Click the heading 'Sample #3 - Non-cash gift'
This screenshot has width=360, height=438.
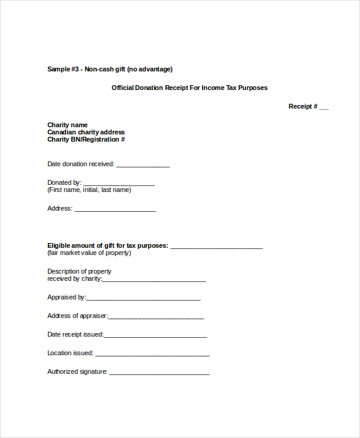point(110,69)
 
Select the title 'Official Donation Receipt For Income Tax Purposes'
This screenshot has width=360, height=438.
point(190,88)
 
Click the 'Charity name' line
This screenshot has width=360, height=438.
point(67,125)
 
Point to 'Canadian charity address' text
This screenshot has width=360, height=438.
point(86,133)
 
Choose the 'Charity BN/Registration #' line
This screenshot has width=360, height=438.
point(86,140)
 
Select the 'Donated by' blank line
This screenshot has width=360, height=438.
point(119,184)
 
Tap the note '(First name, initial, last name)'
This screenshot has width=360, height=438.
point(89,190)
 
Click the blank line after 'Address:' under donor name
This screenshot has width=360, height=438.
point(115,210)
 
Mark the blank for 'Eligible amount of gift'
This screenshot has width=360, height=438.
point(217,247)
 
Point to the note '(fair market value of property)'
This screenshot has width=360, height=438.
point(89,253)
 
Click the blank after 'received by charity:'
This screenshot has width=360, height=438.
point(154,280)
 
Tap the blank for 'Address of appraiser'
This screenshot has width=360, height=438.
point(155,317)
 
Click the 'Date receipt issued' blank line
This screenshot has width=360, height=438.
point(155,336)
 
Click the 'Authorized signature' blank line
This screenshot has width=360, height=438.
point(159,373)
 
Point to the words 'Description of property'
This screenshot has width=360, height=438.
point(79,272)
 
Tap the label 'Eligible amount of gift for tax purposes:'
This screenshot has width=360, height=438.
point(107,245)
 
